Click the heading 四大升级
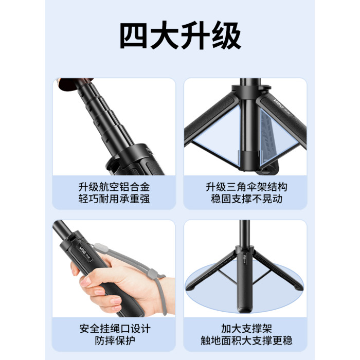tap(180, 35)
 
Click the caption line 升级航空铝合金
tap(114, 187)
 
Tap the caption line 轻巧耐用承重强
tap(114, 199)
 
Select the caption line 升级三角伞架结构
tap(246, 187)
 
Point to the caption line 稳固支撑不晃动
tap(246, 199)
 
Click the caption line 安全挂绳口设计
tap(115, 329)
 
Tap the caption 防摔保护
tap(115, 340)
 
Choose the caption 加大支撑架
tap(246, 329)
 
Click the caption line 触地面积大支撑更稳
tap(246, 340)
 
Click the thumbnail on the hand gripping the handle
tap(85, 282)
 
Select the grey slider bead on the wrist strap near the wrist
tap(153, 274)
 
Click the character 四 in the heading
tap(134, 35)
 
